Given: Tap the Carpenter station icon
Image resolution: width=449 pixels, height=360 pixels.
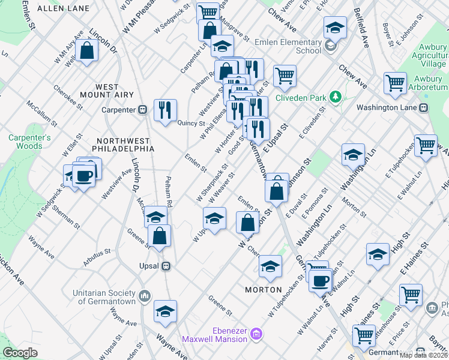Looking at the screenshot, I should [x=143, y=109].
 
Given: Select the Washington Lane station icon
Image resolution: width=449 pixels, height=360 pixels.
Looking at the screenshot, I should [x=423, y=107].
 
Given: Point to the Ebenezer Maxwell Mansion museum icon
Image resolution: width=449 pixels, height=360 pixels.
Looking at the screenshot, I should [x=256, y=332].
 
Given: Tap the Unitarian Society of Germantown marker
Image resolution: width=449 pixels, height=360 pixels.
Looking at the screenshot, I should [x=145, y=296].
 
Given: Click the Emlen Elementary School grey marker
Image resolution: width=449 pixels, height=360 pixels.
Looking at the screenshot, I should [x=330, y=46].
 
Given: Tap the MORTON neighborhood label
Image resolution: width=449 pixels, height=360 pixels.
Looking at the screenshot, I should [x=264, y=290].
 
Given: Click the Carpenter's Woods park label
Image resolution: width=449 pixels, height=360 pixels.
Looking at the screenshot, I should [x=25, y=142].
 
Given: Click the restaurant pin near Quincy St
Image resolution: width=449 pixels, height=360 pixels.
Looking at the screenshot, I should [x=164, y=110].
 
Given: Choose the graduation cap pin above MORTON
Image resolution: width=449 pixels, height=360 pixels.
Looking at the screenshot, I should [x=271, y=265].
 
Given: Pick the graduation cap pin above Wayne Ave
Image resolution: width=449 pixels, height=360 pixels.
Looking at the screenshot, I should [x=165, y=311].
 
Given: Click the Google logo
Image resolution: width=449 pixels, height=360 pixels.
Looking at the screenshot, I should [x=20, y=353].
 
